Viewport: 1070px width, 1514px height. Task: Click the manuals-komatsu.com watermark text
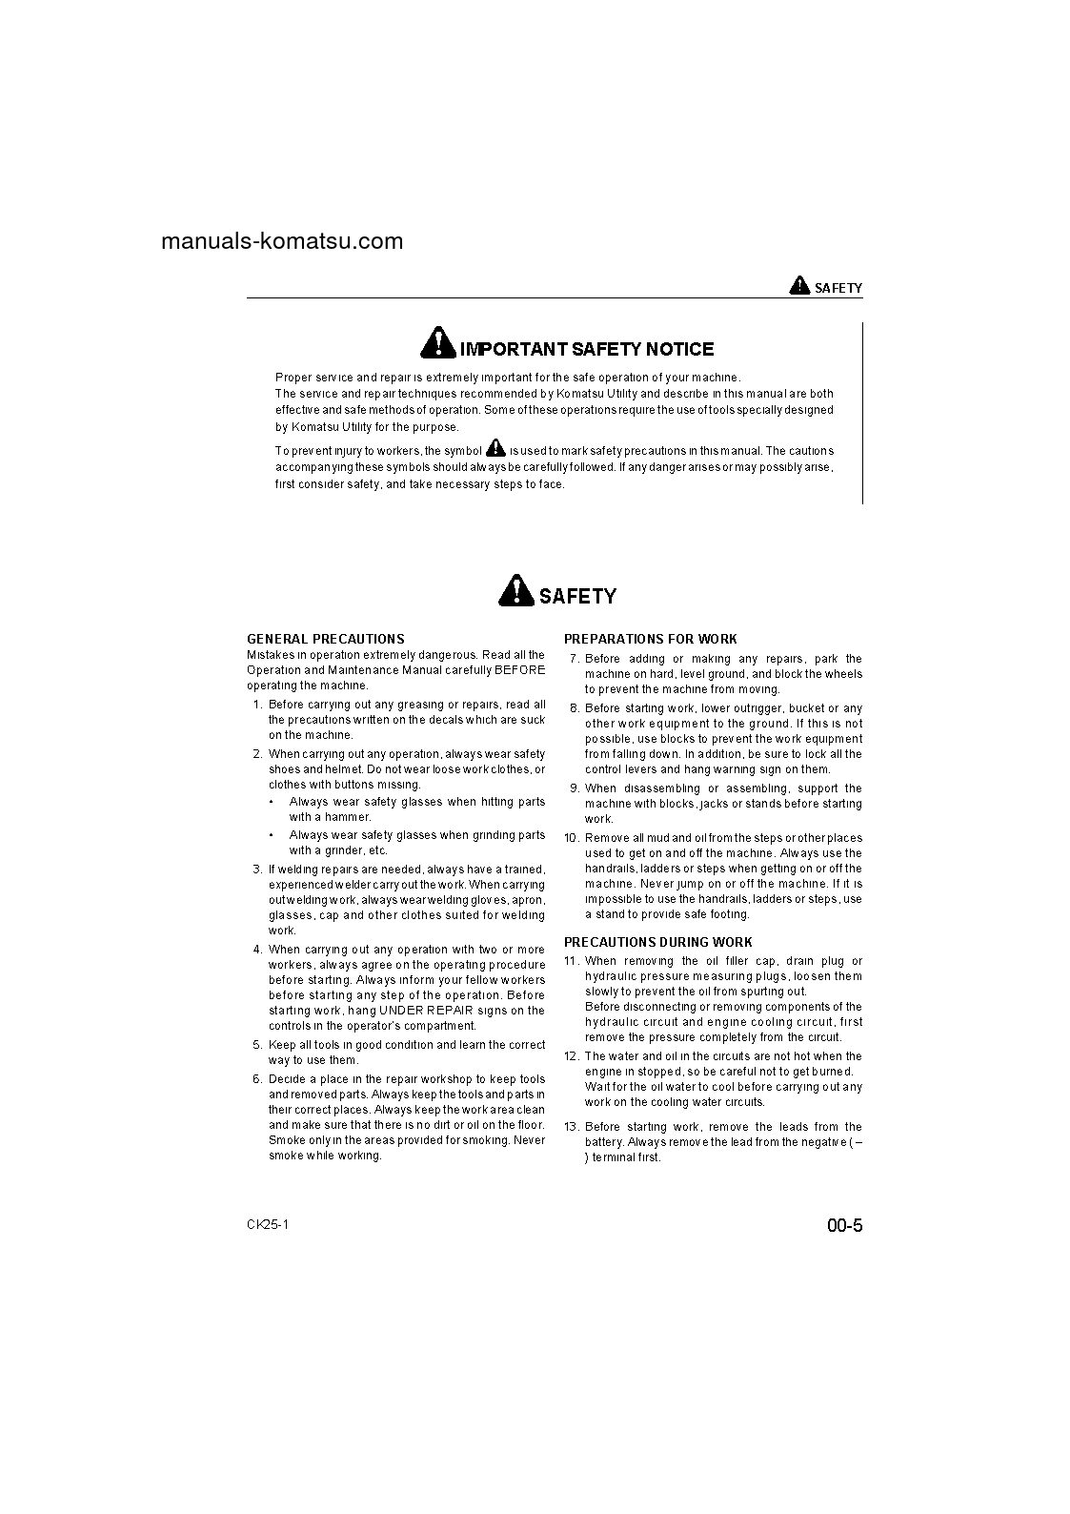point(282,241)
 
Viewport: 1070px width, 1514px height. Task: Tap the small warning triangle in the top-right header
point(798,285)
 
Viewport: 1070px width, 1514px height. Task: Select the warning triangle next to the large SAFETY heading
point(515,591)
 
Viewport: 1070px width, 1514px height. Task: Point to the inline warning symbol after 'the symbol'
point(495,447)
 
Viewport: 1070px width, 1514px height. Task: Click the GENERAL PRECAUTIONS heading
point(325,639)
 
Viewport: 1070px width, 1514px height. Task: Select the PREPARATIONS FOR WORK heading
point(650,639)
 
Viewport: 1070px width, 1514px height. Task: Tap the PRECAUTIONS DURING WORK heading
point(657,942)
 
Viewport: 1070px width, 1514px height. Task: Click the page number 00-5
point(844,1226)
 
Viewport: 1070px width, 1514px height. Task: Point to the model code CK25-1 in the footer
point(268,1224)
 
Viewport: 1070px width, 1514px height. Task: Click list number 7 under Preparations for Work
point(574,659)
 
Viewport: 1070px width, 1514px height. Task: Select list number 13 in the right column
point(572,1127)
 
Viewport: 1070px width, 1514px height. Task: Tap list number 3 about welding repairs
point(257,870)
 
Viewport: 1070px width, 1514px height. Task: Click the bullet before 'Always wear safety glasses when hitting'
point(272,803)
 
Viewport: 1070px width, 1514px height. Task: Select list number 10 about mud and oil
point(572,838)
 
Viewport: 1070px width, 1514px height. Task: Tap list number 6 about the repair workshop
point(257,1079)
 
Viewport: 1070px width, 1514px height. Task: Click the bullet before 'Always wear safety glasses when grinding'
point(272,835)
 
